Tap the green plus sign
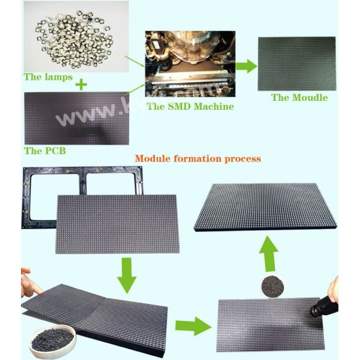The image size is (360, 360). [81, 85]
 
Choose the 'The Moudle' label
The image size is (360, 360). [299, 97]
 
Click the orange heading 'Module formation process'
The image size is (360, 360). [197, 159]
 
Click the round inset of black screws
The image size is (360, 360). [271, 286]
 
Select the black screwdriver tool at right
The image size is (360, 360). [325, 303]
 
